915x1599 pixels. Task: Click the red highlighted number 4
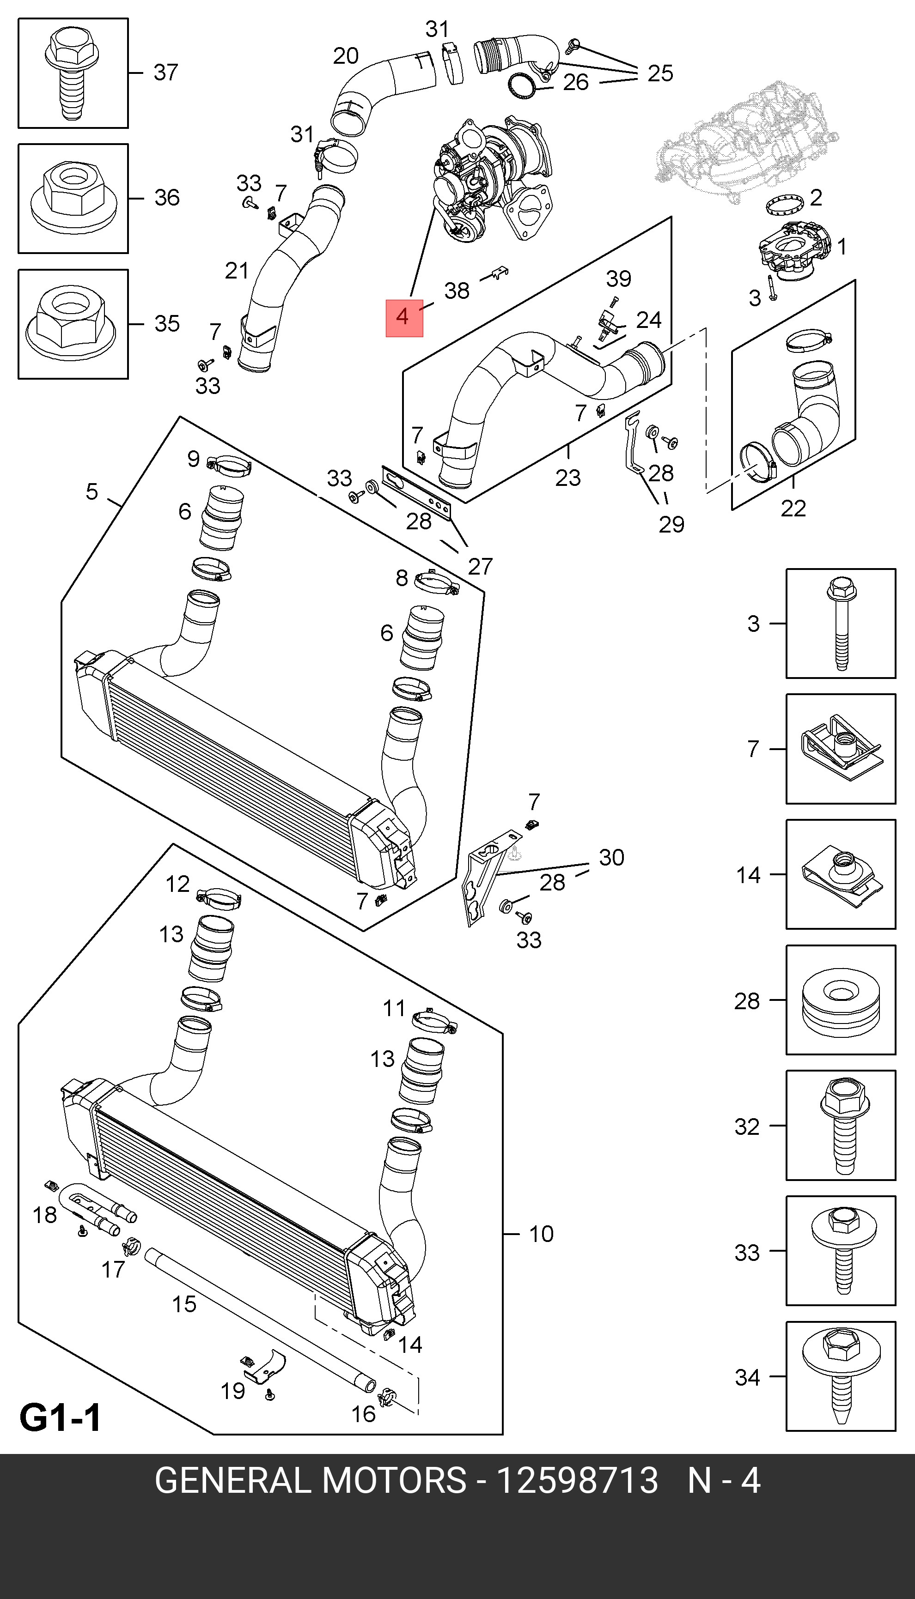pos(403,318)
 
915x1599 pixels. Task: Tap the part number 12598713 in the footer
pos(577,1480)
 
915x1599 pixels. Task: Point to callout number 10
pos(541,1234)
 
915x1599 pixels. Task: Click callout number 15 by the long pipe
pos(184,1304)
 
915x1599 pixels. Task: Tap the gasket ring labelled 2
pos(786,204)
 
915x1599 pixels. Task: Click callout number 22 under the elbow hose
pos(793,508)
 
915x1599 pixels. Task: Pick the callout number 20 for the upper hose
pos(346,56)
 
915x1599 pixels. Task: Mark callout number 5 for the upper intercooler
pos(92,491)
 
